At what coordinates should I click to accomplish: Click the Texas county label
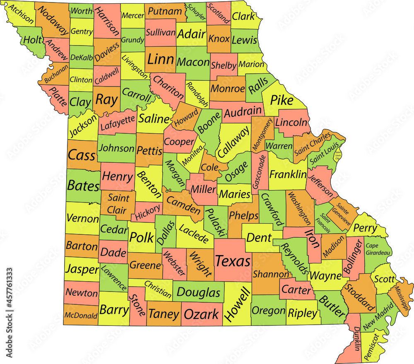click(x=233, y=261)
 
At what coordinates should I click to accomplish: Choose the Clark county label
click(x=243, y=16)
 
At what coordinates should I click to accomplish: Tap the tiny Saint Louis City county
click(x=339, y=154)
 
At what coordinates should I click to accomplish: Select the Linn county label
click(x=160, y=59)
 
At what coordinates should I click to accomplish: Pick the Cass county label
click(x=81, y=155)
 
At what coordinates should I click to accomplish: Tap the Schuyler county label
click(x=197, y=12)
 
